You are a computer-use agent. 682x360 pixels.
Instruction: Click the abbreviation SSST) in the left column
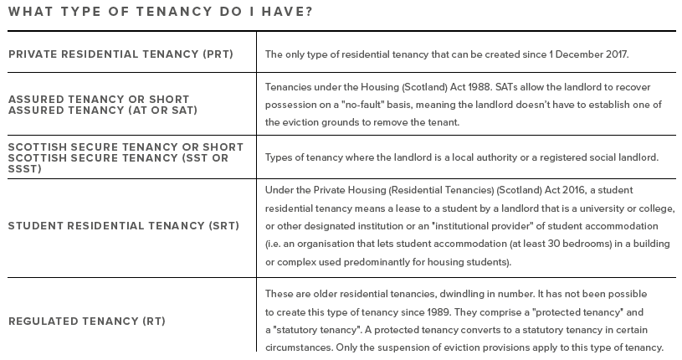(25, 168)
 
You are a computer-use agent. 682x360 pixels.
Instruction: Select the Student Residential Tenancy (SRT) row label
(124, 226)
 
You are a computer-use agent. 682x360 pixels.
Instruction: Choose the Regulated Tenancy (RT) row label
(87, 321)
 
